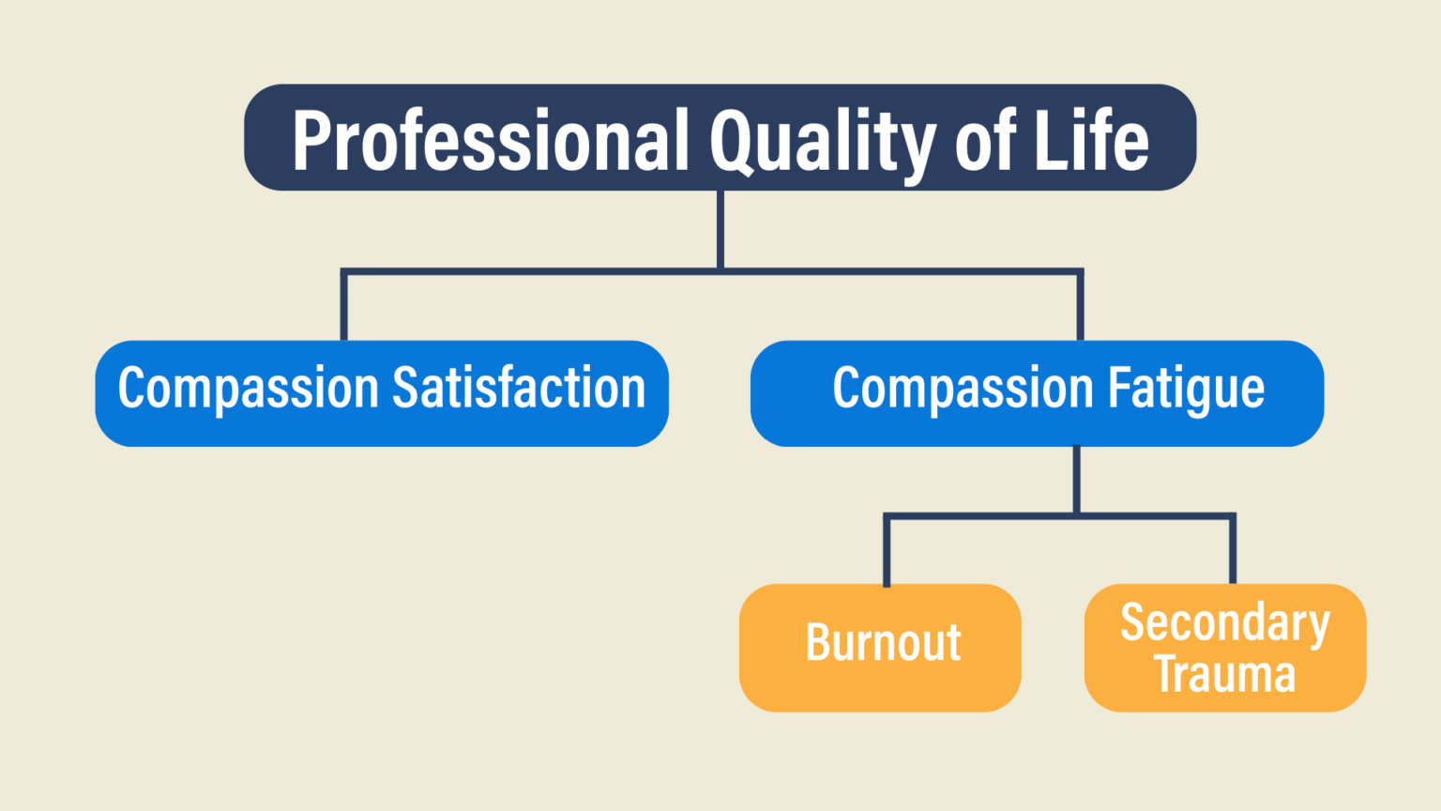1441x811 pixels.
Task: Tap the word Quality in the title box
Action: (x=822, y=141)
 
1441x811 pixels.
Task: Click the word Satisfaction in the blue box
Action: (x=519, y=389)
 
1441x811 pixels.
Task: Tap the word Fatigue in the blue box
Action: (x=1186, y=389)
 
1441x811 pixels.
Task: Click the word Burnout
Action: (x=883, y=644)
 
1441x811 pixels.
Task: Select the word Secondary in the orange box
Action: (x=1225, y=623)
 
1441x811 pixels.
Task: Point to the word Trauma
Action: (x=1225, y=674)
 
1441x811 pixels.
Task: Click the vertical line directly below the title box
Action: (x=720, y=230)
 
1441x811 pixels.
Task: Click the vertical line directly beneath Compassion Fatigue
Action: (x=1076, y=480)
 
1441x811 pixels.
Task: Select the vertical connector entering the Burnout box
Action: (x=887, y=550)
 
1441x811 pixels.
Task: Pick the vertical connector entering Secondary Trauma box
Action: (x=1233, y=550)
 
